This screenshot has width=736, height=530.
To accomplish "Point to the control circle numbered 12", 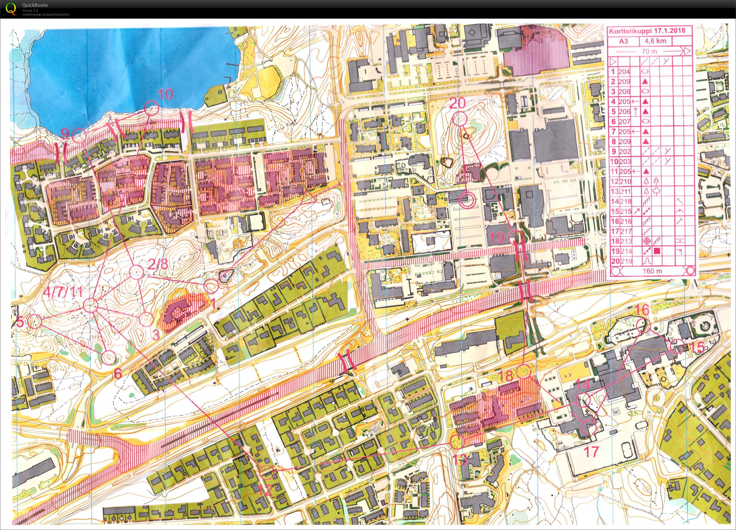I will point(266,472).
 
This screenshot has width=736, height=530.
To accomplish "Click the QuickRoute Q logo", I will point(11,9).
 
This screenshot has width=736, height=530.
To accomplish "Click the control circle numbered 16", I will point(642,325).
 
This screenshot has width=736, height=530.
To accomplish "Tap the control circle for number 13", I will point(457,442).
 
